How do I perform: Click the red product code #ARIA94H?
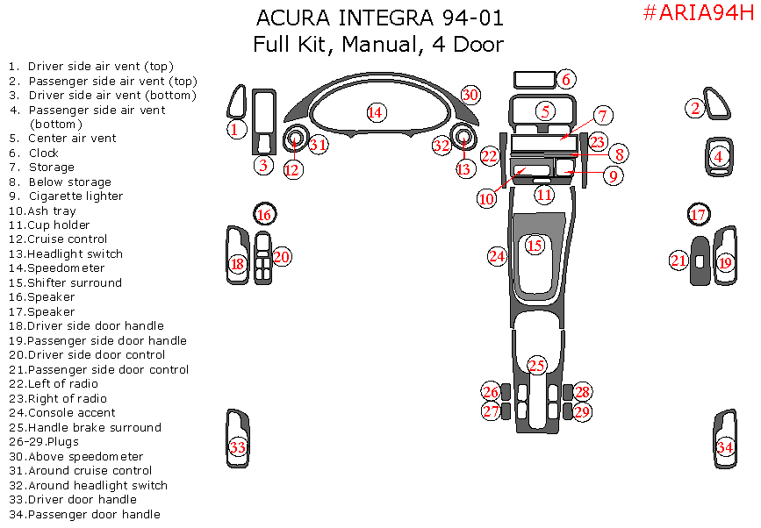coord(699,12)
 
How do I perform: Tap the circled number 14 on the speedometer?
coord(376,112)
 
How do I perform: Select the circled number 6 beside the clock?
coord(566,79)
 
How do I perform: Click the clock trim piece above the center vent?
coord(535,80)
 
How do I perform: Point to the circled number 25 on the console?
coord(536,366)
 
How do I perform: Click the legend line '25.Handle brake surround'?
coord(85,428)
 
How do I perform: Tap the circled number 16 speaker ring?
coord(264,214)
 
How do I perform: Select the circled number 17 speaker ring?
coord(699,214)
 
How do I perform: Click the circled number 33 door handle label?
coord(237,446)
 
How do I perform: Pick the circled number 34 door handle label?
coord(725,446)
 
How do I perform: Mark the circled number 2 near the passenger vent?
coord(695,108)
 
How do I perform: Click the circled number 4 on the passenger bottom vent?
coord(719,157)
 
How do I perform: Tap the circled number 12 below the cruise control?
coord(292,169)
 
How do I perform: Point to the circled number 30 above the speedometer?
coord(470,95)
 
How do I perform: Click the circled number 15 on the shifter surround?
coord(535,245)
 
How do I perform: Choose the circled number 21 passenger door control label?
coord(678,260)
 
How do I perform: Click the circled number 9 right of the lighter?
coord(613,175)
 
